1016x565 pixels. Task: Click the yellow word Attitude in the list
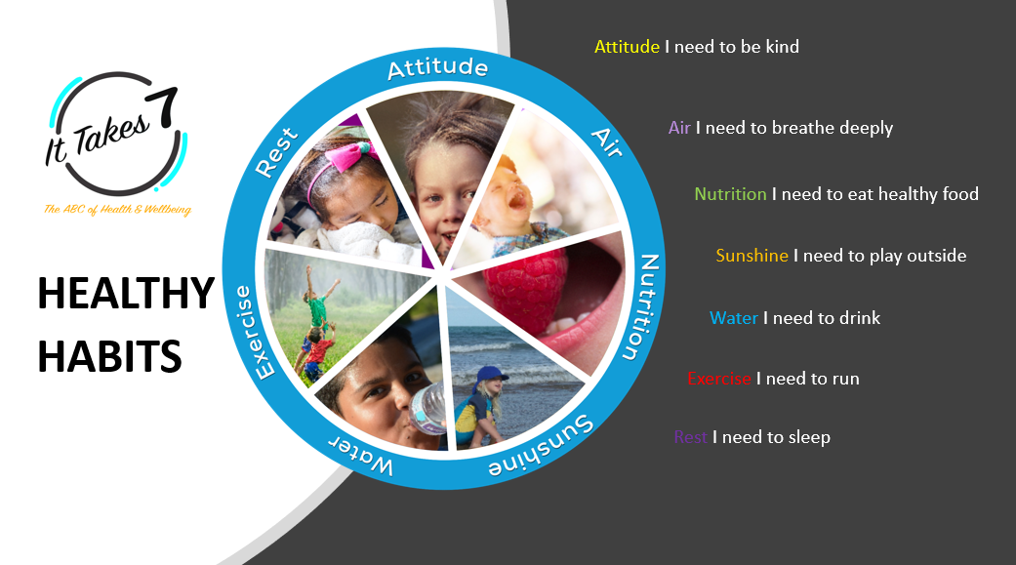click(x=627, y=47)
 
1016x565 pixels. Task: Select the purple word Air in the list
click(x=679, y=128)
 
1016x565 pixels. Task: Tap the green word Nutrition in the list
click(x=730, y=194)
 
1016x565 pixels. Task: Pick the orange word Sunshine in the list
click(x=752, y=256)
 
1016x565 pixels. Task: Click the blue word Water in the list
click(x=734, y=317)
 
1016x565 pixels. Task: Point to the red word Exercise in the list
click(x=718, y=379)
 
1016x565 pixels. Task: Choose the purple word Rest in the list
click(x=690, y=437)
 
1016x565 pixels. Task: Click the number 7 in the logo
click(x=163, y=107)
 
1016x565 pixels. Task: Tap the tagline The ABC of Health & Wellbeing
click(x=117, y=209)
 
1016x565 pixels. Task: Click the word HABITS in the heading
click(x=109, y=356)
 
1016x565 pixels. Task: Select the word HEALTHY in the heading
click(x=126, y=293)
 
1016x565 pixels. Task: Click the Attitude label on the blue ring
click(x=437, y=67)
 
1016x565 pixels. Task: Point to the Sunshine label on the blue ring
click(x=542, y=446)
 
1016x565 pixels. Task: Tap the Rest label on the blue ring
click(x=276, y=152)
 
